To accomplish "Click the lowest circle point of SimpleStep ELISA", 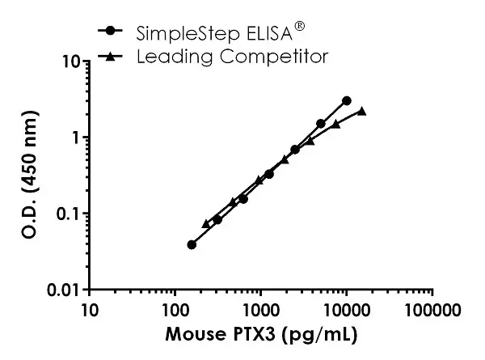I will coord(192,244).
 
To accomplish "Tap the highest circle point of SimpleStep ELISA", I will coord(347,100).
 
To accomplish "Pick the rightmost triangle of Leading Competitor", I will coord(362,111).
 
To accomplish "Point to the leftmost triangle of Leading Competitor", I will coord(205,223).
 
